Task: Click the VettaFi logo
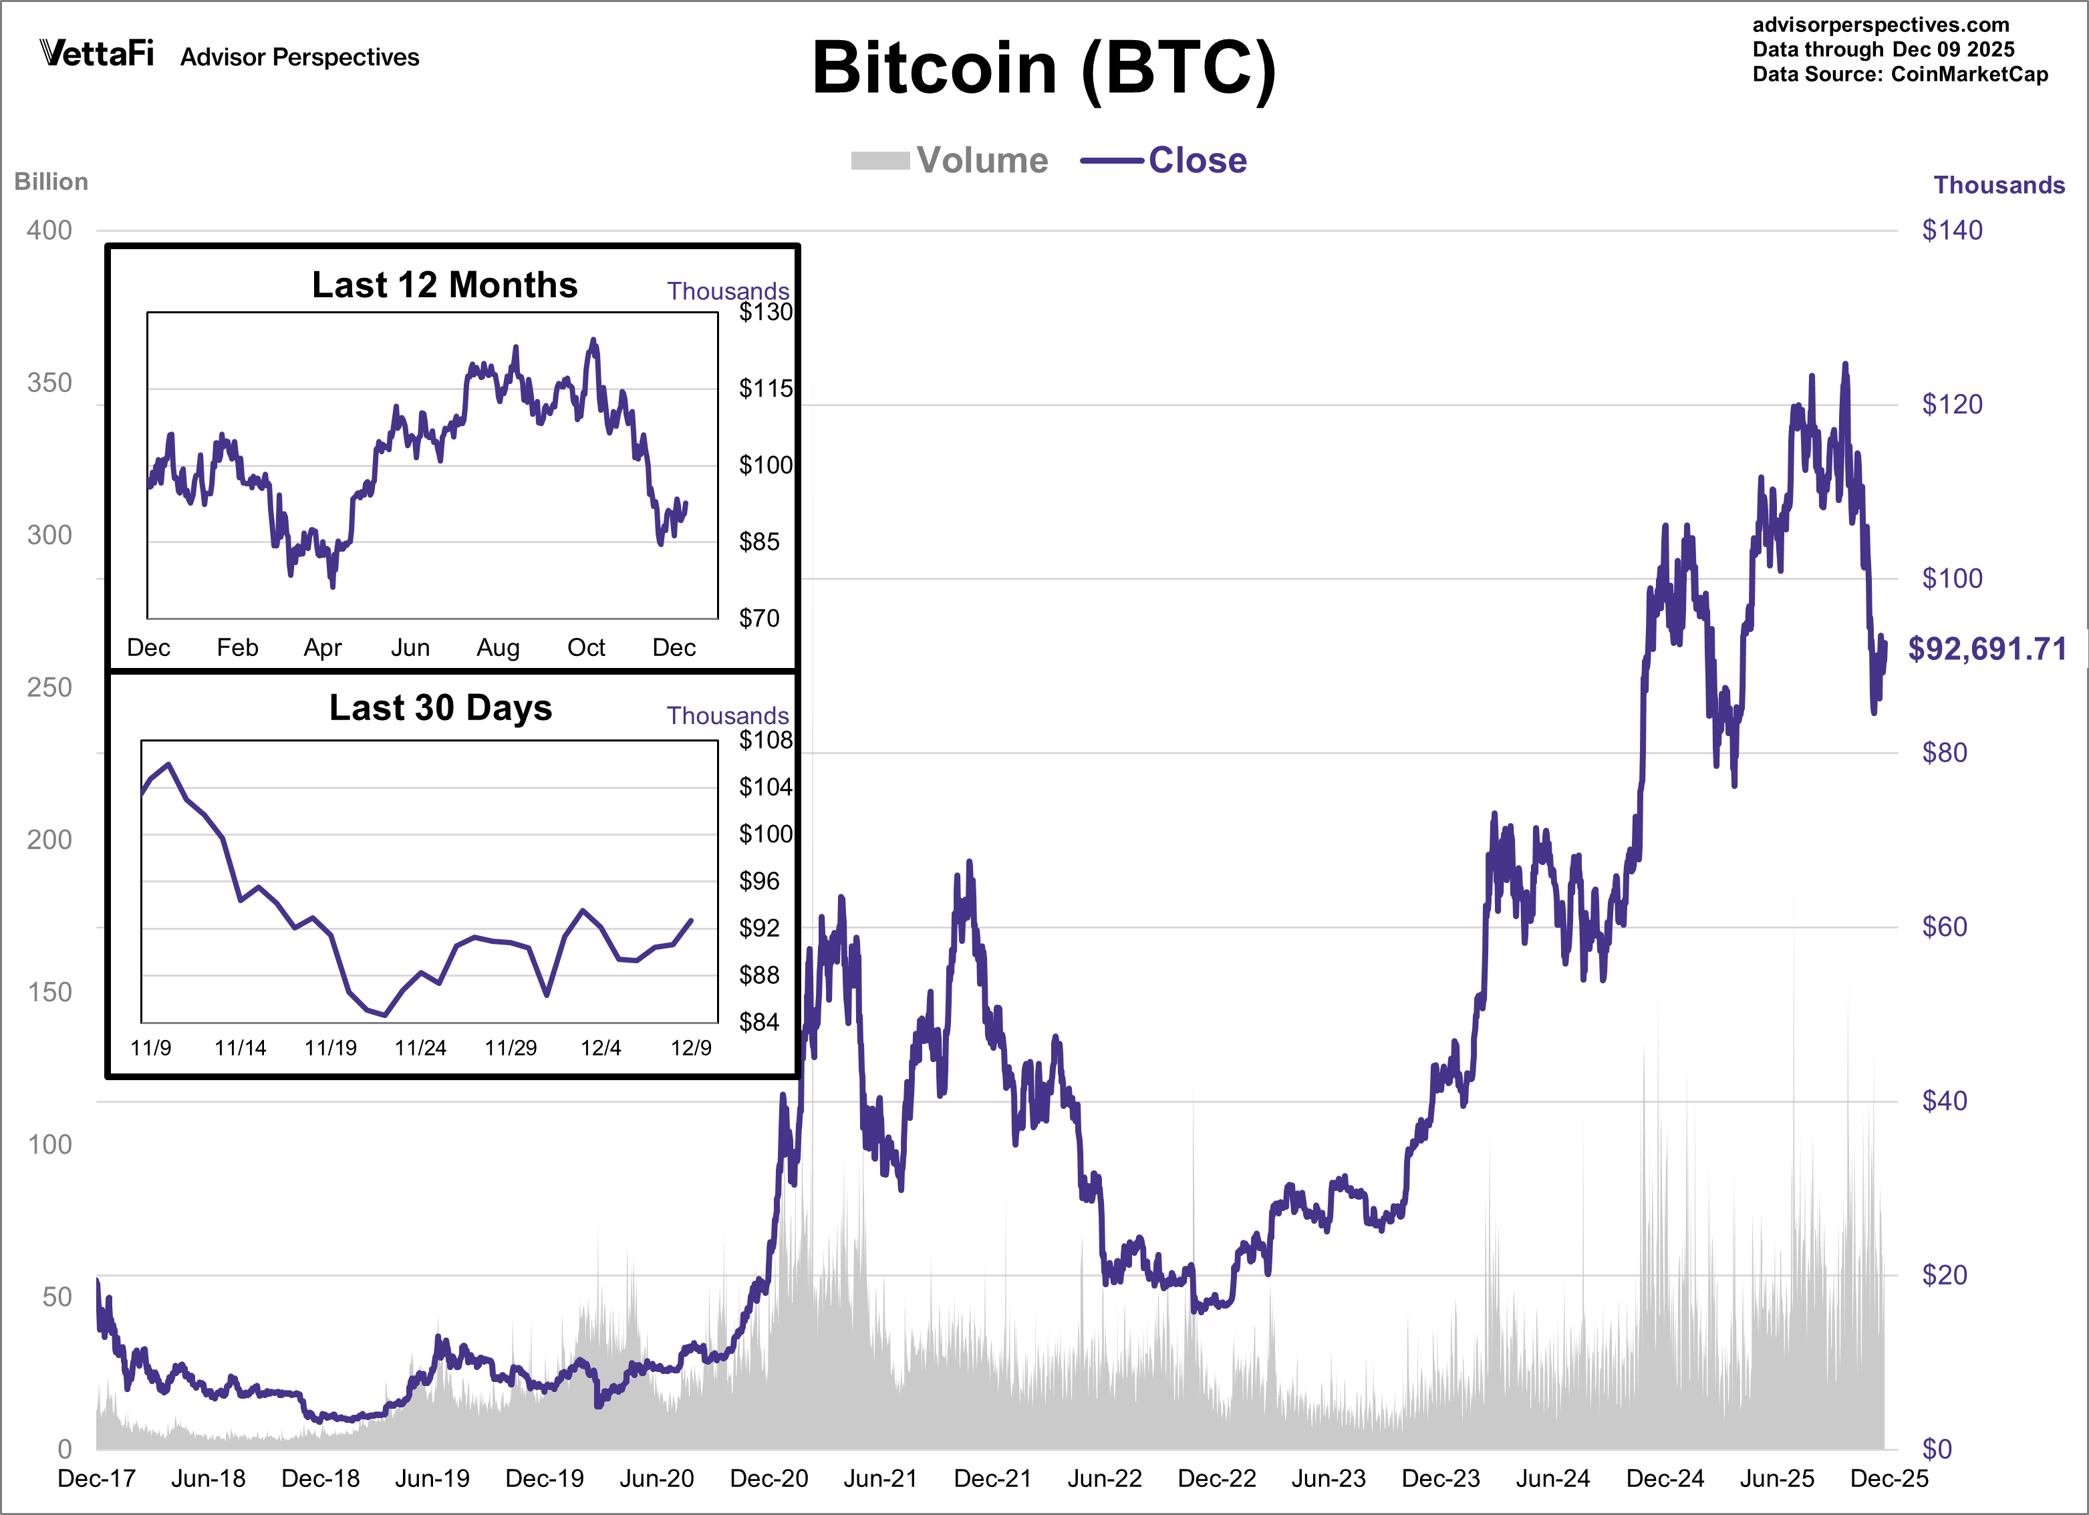point(97,53)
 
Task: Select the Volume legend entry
point(950,160)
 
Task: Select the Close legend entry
point(1164,160)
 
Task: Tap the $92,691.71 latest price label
point(1987,649)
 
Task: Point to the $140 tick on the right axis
point(1952,230)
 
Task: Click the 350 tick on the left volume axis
point(49,383)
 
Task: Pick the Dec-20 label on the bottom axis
point(769,1478)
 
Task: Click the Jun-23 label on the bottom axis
point(1329,1478)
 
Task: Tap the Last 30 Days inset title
point(440,707)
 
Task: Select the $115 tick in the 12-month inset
point(764,389)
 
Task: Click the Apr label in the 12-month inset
point(322,647)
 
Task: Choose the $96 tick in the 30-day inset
point(759,881)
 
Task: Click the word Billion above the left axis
point(51,182)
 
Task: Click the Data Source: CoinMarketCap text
point(1899,75)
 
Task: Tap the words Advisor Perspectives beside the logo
point(299,57)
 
